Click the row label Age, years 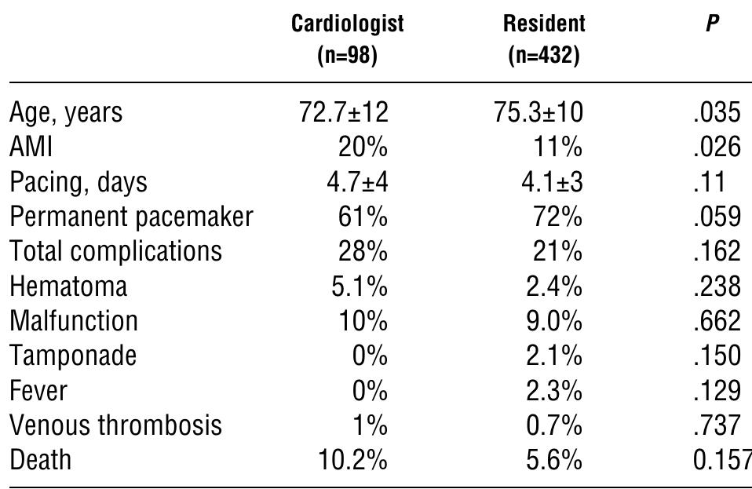pyautogui.click(x=66, y=113)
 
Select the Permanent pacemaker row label pyautogui.click(x=131, y=217)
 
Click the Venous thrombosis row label pyautogui.click(x=115, y=425)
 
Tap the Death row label pyautogui.click(x=40, y=459)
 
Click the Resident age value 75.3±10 pyautogui.click(x=538, y=112)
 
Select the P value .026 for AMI pyautogui.click(x=717, y=147)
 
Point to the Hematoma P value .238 pyautogui.click(x=717, y=286)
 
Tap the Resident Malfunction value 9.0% pyautogui.click(x=553, y=320)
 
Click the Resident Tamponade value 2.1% pyautogui.click(x=553, y=356)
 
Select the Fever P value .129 pyautogui.click(x=717, y=390)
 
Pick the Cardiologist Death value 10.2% pyautogui.click(x=352, y=459)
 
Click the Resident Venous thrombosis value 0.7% pyautogui.click(x=553, y=425)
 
